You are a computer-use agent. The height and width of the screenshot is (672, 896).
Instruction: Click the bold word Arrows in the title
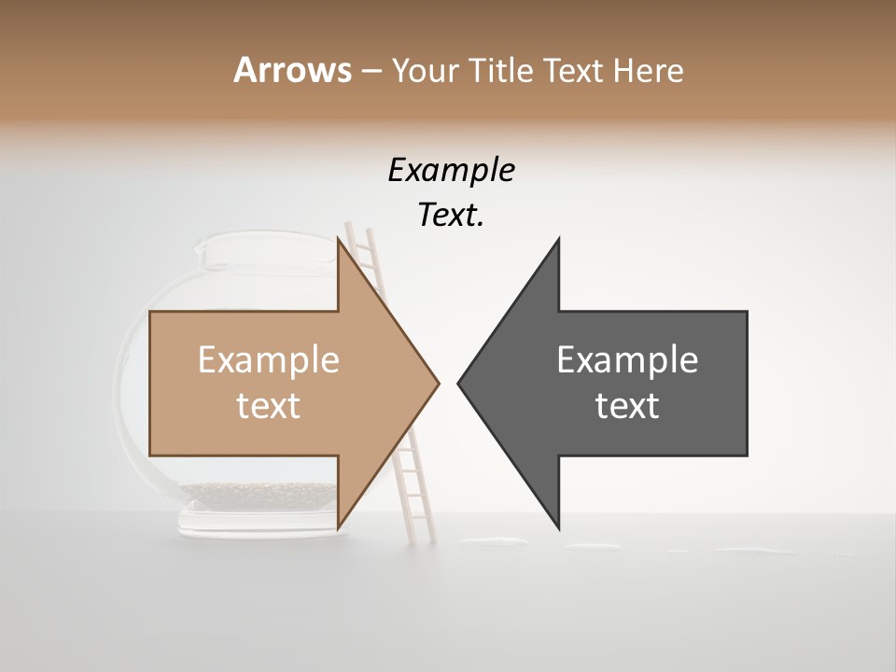[x=292, y=70]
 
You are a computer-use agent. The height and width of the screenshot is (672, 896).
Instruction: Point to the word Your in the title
[x=426, y=70]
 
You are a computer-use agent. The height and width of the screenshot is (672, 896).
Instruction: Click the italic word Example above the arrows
[x=451, y=171]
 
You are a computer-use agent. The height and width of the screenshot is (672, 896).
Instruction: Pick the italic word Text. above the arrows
[x=451, y=215]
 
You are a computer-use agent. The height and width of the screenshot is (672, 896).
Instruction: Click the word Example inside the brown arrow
[x=269, y=360]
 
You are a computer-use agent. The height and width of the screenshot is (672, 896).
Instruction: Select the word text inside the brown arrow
[x=269, y=406]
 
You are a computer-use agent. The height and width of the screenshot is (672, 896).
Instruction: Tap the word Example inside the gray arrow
[x=627, y=360]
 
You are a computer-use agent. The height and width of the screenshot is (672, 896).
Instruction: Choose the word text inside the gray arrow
[x=627, y=406]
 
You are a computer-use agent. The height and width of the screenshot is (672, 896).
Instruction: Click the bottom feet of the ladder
[x=420, y=538]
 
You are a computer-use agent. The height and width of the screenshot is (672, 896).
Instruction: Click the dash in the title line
[x=371, y=71]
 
